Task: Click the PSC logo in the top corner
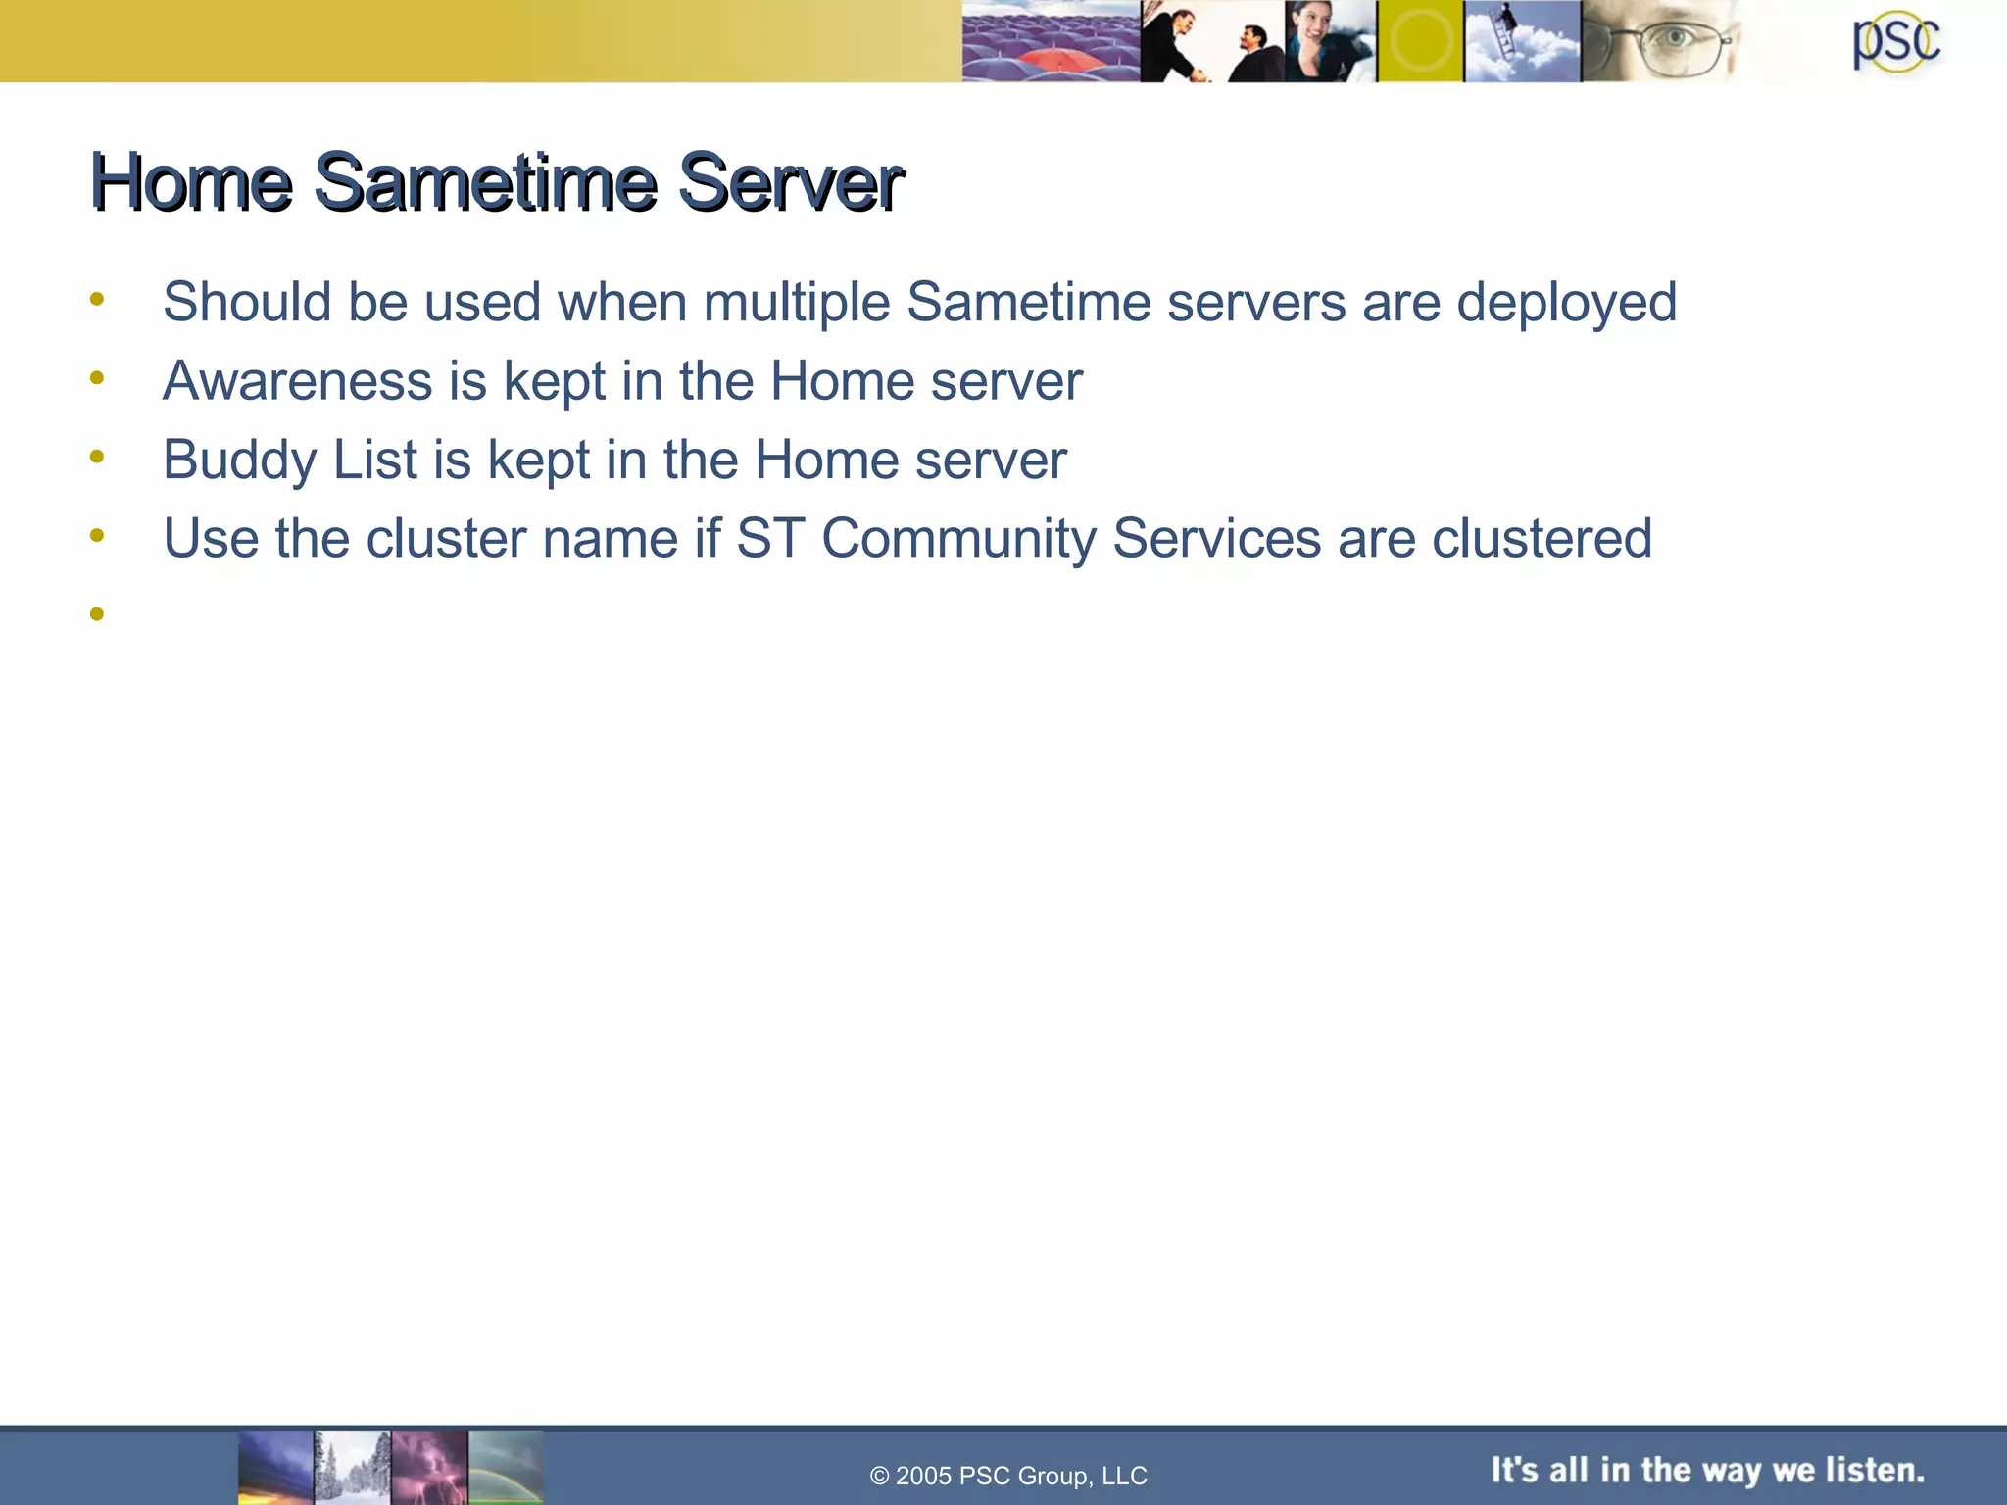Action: pyautogui.click(x=1895, y=42)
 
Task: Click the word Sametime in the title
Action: pyautogui.click(x=485, y=182)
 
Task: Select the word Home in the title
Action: pyautogui.click(x=192, y=182)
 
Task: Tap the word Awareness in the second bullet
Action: pyautogui.click(x=297, y=380)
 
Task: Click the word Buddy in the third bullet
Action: pyautogui.click(x=239, y=460)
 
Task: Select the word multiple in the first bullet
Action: pyautogui.click(x=796, y=302)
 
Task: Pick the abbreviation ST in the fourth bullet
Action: pyautogui.click(x=770, y=539)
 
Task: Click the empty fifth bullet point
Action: pyautogui.click(x=96, y=614)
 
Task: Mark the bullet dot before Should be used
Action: pyautogui.click(x=96, y=300)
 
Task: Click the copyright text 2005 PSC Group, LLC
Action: pyautogui.click(x=1008, y=1476)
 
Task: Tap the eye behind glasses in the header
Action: pyautogui.click(x=1674, y=39)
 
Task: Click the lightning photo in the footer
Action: pyautogui.click(x=429, y=1467)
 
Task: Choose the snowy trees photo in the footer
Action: pyautogui.click(x=352, y=1467)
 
